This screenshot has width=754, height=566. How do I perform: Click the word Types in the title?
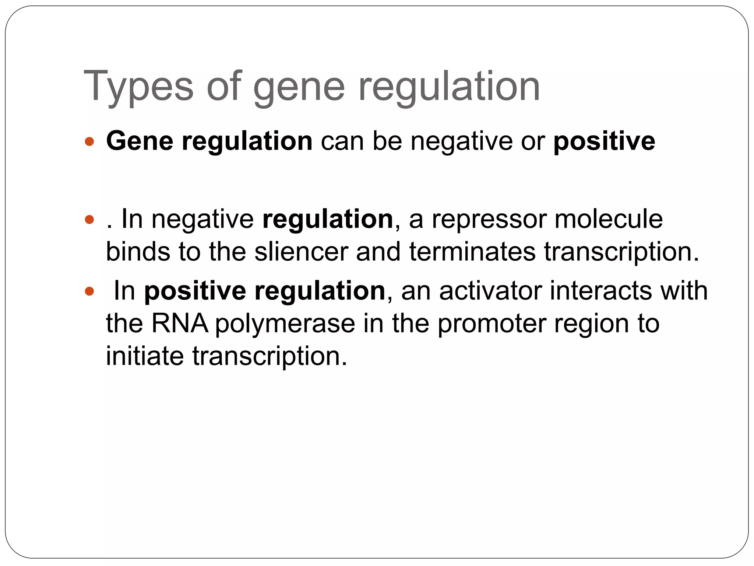pos(138,87)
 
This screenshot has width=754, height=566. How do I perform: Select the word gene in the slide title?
pos(299,88)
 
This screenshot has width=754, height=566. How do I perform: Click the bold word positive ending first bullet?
pos(604,141)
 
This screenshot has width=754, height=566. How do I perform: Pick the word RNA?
pos(180,323)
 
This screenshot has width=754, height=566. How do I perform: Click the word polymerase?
pos(285,324)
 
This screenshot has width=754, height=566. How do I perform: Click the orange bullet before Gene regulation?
pos(89,141)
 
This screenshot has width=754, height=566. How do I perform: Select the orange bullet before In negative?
pos(89,220)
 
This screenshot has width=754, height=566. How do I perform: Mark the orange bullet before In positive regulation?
pos(89,291)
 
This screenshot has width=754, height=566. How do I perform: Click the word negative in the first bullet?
pos(461,141)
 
